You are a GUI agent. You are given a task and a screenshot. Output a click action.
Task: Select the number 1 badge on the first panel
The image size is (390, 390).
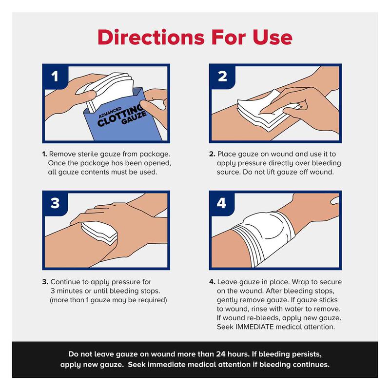[x=55, y=77]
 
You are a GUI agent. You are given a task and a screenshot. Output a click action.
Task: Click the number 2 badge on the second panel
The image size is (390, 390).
[x=222, y=77]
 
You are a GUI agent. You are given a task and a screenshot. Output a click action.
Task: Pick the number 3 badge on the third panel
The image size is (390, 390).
[x=55, y=203]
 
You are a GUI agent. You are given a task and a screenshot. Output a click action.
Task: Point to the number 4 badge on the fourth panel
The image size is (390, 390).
[x=222, y=203]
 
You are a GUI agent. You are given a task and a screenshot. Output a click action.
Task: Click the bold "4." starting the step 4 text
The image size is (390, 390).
[x=212, y=282]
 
